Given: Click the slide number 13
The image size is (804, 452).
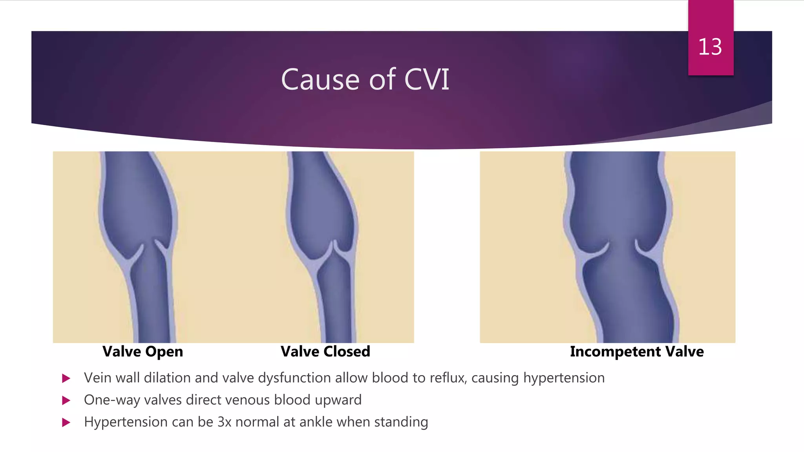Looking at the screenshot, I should (710, 47).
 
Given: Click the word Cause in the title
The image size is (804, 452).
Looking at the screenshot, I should (320, 80).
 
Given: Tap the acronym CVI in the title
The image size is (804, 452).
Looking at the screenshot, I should (426, 80).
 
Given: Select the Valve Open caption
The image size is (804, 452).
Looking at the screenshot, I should (143, 352).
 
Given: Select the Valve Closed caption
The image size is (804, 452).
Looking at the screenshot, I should (325, 352).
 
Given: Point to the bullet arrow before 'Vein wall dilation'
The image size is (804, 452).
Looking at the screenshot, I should (66, 378).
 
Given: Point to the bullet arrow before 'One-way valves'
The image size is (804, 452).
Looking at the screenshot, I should (66, 400).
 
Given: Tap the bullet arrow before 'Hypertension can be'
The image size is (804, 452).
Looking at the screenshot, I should (66, 422).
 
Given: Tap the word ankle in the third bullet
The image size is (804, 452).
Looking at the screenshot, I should (316, 422).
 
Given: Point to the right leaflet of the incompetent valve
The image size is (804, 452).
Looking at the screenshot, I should (644, 249).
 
